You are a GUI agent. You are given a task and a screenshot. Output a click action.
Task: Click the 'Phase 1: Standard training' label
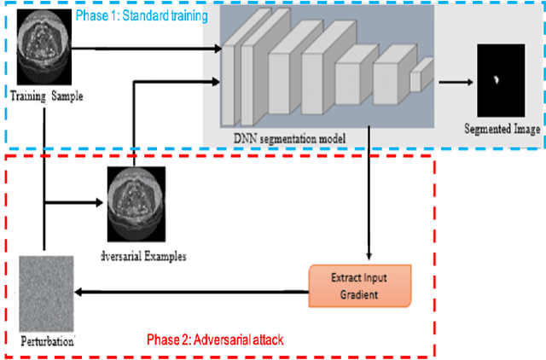pos(142,16)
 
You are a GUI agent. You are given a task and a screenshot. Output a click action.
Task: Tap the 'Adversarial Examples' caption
pos(142,254)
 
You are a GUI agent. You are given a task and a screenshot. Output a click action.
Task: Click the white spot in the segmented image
pos(495,80)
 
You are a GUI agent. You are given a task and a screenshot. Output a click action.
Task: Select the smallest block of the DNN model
pos(417,80)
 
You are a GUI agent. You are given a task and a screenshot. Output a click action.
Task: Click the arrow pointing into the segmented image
pos(457,83)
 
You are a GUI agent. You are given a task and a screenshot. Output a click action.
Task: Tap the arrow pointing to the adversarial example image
pos(102,203)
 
